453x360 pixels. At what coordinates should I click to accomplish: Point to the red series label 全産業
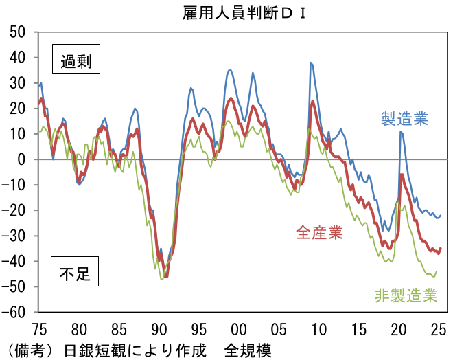click(319, 233)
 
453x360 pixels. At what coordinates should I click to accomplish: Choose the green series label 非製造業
click(406, 296)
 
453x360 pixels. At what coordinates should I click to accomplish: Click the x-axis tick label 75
click(39, 327)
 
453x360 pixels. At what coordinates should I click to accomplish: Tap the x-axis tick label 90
click(159, 327)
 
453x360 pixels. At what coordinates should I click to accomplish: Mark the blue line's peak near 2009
click(311, 63)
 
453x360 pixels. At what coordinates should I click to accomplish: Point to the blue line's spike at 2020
click(401, 131)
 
